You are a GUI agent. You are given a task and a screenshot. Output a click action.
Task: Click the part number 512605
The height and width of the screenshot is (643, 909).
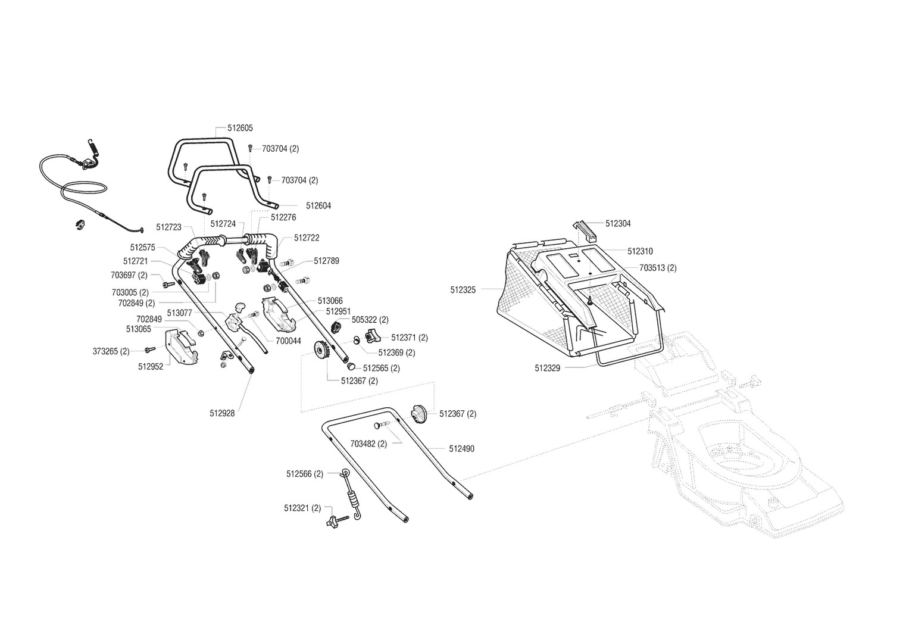pos(240,128)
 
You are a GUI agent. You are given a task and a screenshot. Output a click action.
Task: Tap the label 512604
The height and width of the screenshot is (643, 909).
pos(318,206)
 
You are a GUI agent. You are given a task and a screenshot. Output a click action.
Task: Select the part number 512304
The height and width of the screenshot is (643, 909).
pos(618,224)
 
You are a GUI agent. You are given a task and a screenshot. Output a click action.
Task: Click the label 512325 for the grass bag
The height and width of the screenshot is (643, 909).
pos(463,290)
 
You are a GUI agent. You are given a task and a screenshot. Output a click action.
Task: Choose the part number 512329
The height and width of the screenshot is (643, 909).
pos(548,368)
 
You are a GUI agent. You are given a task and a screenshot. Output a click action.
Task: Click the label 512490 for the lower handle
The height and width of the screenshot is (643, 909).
pos(461,449)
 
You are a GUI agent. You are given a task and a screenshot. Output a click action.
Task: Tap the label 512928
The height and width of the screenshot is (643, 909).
pos(222,413)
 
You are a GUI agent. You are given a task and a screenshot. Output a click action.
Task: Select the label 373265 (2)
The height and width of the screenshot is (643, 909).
pos(111,351)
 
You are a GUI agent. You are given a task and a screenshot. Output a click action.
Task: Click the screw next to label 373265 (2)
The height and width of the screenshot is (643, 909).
pos(150,349)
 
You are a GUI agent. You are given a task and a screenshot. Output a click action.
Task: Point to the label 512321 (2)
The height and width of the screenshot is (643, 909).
pos(302,508)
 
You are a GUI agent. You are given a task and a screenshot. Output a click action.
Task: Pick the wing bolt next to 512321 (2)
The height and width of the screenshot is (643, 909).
pos(337,521)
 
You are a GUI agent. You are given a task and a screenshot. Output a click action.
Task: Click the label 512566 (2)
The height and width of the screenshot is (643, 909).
pos(305,474)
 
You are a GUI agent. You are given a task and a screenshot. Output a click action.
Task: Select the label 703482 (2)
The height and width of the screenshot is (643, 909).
pos(368,444)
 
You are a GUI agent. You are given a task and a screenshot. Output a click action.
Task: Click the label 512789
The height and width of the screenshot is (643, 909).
pos(326,261)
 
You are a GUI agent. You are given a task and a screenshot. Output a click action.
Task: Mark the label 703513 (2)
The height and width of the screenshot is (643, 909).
pos(658,269)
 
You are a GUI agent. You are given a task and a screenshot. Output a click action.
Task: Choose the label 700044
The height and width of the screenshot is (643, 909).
pos(288,341)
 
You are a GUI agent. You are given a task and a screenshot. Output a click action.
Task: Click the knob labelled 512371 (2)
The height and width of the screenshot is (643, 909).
pos(373,336)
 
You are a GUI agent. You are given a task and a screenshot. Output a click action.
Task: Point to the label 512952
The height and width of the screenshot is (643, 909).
pos(151,367)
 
